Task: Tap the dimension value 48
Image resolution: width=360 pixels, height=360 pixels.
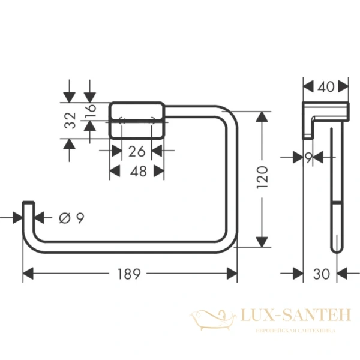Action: (x=136, y=172)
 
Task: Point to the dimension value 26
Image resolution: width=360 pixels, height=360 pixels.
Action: (x=136, y=151)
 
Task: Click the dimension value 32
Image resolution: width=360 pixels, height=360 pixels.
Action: (x=70, y=121)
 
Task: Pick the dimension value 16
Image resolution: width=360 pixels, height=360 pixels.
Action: (x=90, y=111)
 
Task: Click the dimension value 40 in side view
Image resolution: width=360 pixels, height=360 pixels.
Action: (x=326, y=87)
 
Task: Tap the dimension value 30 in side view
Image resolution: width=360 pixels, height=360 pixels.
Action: (x=322, y=274)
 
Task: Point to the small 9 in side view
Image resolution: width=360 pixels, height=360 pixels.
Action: (x=308, y=157)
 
